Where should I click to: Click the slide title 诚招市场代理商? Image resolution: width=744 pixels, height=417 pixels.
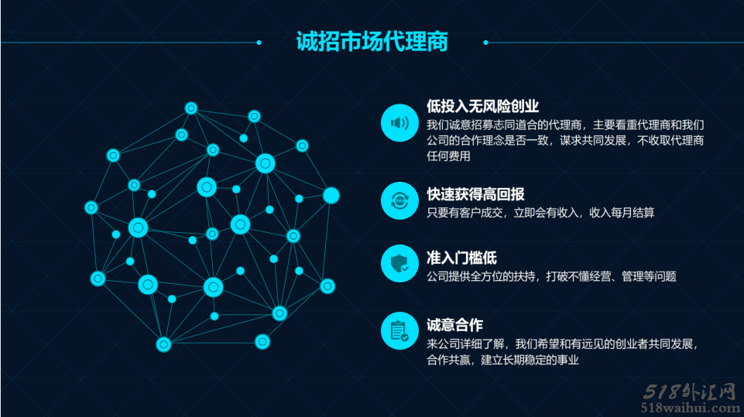(372, 41)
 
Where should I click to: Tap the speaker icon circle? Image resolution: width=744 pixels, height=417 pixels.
(399, 123)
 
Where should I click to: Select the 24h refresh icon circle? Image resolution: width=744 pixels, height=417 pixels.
(399, 200)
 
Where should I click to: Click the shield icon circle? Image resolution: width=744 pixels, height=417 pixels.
(399, 263)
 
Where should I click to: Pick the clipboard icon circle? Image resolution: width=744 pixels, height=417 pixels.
(399, 330)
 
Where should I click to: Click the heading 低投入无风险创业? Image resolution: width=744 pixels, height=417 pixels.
(482, 106)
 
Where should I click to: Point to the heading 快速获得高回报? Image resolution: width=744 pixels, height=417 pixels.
(475, 194)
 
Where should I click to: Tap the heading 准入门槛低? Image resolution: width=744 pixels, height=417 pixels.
(461, 258)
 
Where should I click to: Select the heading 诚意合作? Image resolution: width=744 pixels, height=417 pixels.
(454, 325)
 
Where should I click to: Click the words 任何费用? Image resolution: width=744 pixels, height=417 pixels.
(448, 156)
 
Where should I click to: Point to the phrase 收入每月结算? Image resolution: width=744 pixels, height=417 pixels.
(622, 213)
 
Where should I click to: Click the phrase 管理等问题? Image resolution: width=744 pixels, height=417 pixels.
(649, 276)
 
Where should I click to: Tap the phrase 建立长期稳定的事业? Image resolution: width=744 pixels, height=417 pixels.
(530, 360)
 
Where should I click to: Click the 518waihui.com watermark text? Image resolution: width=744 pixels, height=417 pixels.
(691, 408)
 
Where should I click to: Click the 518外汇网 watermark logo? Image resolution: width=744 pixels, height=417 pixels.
(690, 392)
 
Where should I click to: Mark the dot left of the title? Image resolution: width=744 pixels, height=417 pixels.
(259, 43)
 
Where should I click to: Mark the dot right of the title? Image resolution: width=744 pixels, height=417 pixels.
(485, 43)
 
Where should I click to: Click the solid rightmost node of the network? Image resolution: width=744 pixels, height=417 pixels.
(331, 196)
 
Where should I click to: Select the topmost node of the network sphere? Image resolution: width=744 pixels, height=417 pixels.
(190, 108)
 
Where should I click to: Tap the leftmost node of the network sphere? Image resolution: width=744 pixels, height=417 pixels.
(91, 207)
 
